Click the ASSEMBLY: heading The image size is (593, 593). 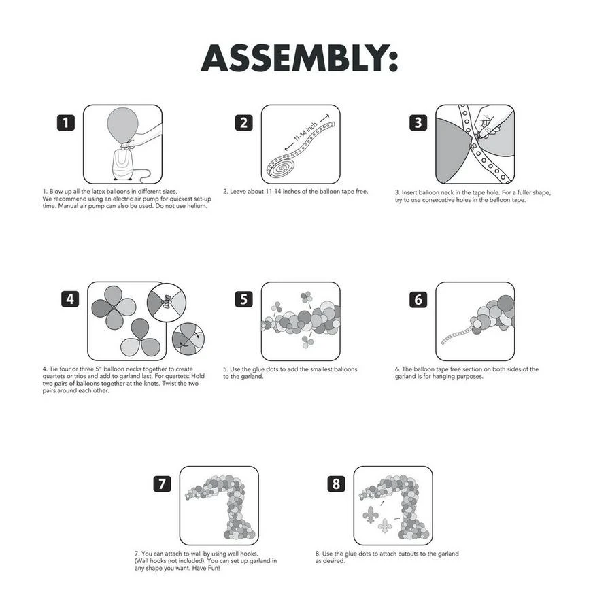[x=299, y=58]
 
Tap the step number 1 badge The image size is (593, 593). [x=66, y=123]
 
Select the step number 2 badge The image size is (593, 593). [x=243, y=123]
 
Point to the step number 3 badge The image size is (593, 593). [x=418, y=123]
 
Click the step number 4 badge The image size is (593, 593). [x=70, y=299]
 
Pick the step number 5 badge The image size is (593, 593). [x=243, y=299]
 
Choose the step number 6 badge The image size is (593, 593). [x=418, y=299]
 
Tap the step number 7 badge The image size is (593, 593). [x=162, y=484]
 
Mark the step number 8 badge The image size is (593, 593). [x=336, y=484]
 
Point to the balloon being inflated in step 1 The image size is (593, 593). [x=122, y=126]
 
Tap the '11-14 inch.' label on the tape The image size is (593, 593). [x=305, y=131]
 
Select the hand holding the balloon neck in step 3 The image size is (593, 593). [x=490, y=120]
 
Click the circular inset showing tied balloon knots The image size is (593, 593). [x=167, y=303]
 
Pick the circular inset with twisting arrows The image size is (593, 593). [x=188, y=339]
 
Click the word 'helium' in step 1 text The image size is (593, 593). [x=197, y=206]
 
